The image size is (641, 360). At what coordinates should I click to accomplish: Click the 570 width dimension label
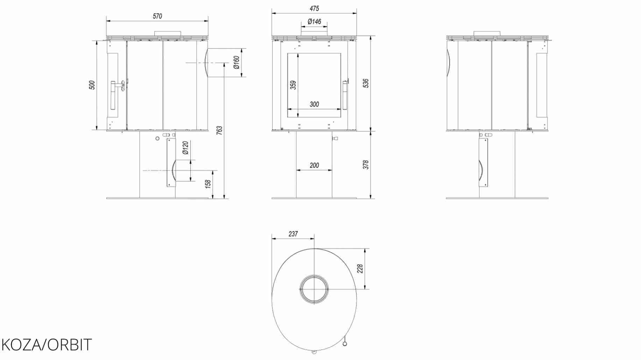[157, 16]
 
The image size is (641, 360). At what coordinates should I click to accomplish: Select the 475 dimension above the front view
[314, 8]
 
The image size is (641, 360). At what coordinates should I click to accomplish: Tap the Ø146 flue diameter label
[314, 22]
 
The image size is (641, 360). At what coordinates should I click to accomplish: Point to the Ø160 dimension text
[237, 63]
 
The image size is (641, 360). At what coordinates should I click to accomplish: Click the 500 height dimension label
[92, 85]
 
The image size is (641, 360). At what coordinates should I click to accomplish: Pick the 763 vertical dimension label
[219, 130]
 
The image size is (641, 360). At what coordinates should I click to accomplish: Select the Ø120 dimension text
[185, 148]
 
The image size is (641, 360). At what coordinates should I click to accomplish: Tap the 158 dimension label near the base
[208, 184]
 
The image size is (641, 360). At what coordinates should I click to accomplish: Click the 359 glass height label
[293, 85]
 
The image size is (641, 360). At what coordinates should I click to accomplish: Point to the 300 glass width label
[314, 104]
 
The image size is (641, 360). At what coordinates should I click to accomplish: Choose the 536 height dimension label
[366, 83]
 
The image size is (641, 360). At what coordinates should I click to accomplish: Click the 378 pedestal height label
[366, 165]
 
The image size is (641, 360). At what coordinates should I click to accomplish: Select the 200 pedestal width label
[314, 165]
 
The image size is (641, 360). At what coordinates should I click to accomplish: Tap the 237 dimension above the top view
[293, 234]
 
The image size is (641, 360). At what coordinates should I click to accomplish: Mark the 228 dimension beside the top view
[360, 269]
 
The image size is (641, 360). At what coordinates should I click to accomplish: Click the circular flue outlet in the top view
[314, 289]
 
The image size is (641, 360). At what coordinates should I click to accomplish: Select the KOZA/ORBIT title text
[47, 345]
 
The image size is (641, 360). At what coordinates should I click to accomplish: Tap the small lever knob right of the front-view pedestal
[335, 139]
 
